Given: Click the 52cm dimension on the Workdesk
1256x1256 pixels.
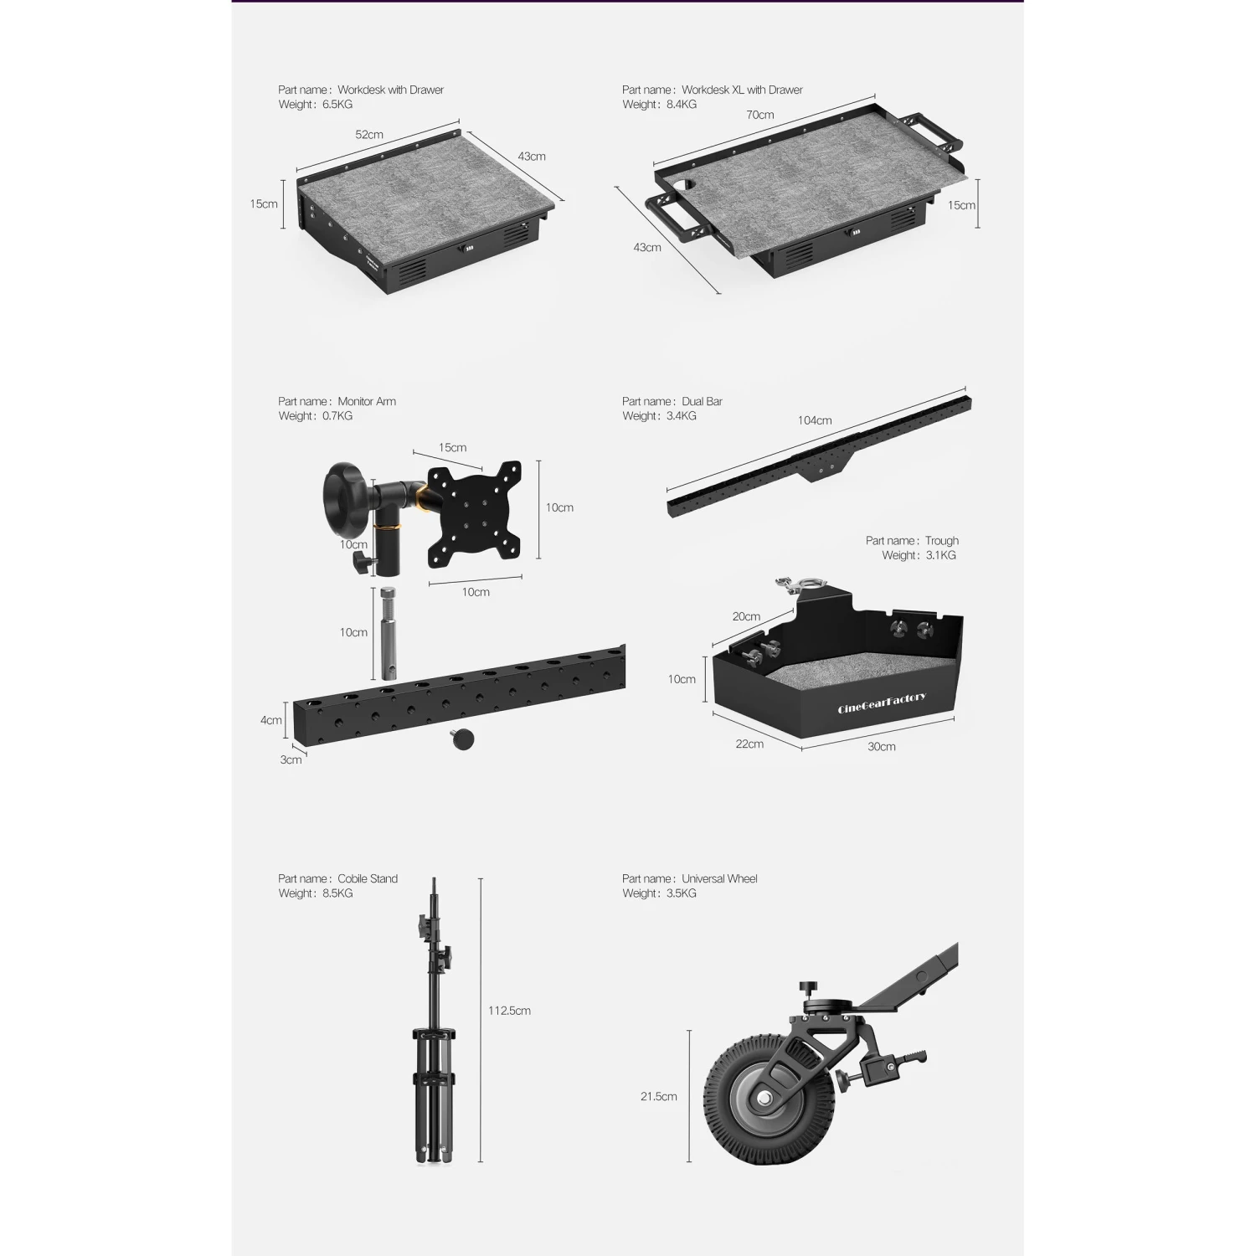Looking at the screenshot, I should pyautogui.click(x=369, y=135).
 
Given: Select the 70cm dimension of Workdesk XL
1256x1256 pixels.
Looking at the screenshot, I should pyautogui.click(x=760, y=115).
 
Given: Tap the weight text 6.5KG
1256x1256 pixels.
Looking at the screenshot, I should pyautogui.click(x=337, y=105).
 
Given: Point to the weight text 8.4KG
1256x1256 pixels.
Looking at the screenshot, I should pyautogui.click(x=682, y=105).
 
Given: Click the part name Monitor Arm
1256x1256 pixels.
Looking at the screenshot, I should pyautogui.click(x=367, y=401).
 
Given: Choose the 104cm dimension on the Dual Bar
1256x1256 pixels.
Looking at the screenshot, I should pyautogui.click(x=814, y=420).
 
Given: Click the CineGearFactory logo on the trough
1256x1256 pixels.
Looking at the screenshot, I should pyautogui.click(x=882, y=703).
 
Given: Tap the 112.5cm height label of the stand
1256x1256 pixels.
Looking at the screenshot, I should pyautogui.click(x=509, y=1011).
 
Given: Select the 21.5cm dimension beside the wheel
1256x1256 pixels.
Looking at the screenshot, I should pyautogui.click(x=659, y=1096).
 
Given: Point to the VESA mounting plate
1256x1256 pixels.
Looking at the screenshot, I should pyautogui.click(x=474, y=512).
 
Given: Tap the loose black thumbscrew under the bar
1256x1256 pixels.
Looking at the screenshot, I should pyautogui.click(x=462, y=740).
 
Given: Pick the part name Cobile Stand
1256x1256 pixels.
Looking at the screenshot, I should pyautogui.click(x=368, y=878).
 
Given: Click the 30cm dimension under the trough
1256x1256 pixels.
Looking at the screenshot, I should pyautogui.click(x=881, y=746).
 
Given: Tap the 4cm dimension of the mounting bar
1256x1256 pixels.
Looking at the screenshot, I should pyautogui.click(x=270, y=720).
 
